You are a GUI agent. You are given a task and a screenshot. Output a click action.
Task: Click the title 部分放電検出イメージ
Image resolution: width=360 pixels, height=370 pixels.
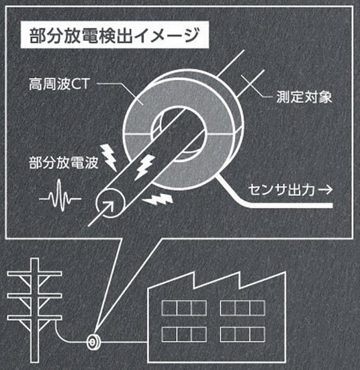tap(114, 36)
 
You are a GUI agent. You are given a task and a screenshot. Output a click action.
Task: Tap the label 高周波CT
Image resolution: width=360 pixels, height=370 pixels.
tap(59, 84)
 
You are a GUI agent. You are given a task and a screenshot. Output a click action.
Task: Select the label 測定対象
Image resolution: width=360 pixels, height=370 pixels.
tap(304, 97)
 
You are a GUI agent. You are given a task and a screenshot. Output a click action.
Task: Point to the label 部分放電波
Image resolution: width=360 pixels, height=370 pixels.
tap(64, 163)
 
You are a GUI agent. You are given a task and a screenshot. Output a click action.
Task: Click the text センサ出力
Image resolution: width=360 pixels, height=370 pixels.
tap(281, 190)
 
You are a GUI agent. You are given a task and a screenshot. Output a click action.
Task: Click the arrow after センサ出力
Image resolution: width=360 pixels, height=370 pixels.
tap(326, 190)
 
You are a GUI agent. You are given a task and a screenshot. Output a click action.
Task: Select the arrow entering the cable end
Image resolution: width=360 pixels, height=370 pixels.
tap(101, 214)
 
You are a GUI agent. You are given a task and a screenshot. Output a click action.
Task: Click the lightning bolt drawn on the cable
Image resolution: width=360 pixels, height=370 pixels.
tap(144, 167)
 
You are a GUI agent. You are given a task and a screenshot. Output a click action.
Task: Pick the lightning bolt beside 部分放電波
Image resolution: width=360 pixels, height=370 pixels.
tap(108, 157)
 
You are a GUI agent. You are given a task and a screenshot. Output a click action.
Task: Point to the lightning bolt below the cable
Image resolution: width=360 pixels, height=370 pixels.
tap(158, 199)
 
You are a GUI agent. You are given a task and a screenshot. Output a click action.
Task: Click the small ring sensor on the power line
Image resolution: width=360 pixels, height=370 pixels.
tap(93, 342)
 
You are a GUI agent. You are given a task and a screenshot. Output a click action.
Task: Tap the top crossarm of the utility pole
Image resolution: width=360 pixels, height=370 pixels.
tap(34, 274)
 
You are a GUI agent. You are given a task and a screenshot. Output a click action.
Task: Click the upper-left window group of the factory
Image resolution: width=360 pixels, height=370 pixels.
tap(184, 308)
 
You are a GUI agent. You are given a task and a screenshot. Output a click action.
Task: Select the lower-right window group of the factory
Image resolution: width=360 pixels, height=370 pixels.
tap(242, 334)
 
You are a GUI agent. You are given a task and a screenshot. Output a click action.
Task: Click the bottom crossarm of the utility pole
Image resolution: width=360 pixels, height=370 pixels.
tap(34, 318)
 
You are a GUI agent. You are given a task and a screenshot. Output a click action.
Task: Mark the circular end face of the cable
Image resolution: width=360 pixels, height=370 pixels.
tap(110, 203)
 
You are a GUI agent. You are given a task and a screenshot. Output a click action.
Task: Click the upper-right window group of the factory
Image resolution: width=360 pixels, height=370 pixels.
tap(242, 308)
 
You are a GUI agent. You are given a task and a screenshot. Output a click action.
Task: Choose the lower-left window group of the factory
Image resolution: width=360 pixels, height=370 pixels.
tap(184, 334)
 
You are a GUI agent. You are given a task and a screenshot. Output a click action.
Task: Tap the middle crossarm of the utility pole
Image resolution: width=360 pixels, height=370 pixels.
tap(34, 295)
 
